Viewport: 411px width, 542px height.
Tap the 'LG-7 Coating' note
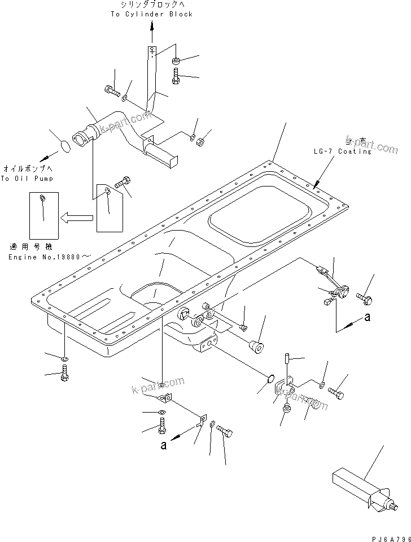pyautogui.click(x=343, y=151)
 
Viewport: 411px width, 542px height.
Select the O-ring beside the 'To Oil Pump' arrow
pyautogui.click(x=65, y=146)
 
